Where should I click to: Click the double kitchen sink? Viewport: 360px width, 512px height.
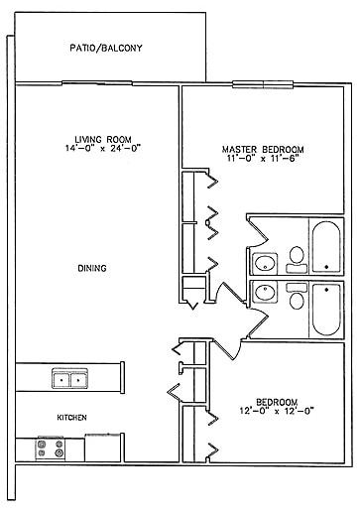[68, 378]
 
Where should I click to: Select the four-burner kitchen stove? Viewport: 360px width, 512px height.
[51, 448]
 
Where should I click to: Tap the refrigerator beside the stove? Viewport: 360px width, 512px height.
[97, 448]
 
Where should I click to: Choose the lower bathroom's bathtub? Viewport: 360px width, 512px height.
[325, 309]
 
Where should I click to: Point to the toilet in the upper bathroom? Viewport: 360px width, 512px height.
[295, 261]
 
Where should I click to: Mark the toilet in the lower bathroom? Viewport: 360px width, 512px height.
[296, 298]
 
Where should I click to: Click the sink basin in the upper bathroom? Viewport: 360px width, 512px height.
[266, 264]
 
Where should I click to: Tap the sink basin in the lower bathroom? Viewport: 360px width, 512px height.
[265, 293]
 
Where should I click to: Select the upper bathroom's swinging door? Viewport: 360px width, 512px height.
[254, 234]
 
